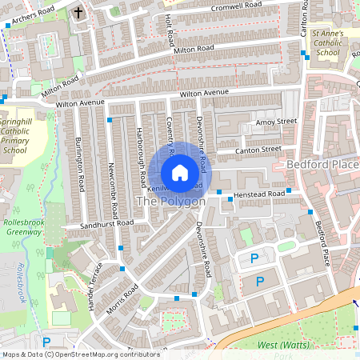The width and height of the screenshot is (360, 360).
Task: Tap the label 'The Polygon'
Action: [170, 202]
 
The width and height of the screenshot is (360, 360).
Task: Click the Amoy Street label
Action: [276, 122]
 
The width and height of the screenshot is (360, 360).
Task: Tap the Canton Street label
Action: [259, 150]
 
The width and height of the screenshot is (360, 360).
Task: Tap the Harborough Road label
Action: [140, 152]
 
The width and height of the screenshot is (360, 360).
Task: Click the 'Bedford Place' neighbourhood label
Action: [322, 165]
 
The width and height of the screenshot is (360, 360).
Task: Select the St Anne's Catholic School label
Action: [328, 43]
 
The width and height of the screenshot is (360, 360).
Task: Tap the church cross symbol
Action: [78, 13]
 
